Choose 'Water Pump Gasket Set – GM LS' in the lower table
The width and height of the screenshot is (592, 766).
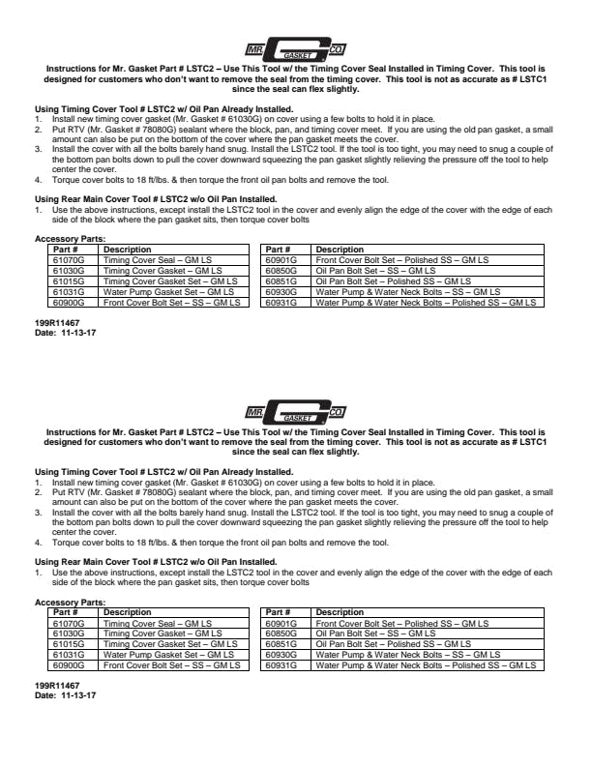tap(168, 655)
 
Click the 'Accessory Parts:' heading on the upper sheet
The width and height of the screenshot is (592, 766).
tap(70, 239)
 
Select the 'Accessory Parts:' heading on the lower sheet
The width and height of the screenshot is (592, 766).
tap(70, 602)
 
